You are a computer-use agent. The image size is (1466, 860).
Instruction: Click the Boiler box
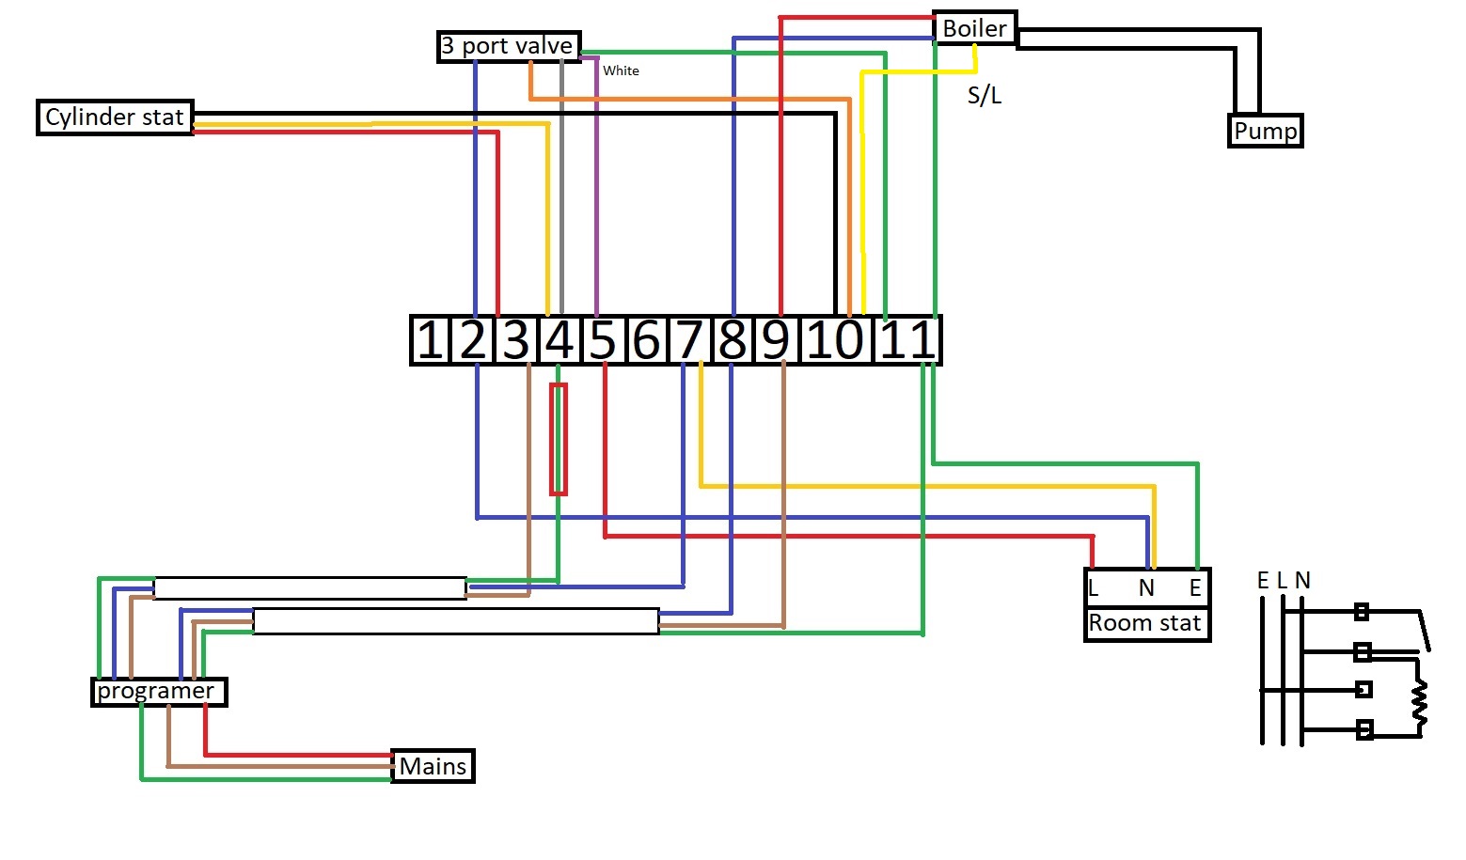(974, 28)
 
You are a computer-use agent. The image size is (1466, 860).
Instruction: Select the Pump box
(1265, 131)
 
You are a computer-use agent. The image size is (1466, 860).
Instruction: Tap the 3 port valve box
(509, 46)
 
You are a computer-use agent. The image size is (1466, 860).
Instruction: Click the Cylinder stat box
(115, 117)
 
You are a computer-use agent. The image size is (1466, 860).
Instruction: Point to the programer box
(159, 692)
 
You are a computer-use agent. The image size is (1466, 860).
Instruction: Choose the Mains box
(433, 766)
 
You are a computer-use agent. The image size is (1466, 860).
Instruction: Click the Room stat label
(1145, 622)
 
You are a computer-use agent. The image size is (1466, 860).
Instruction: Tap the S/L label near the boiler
(985, 96)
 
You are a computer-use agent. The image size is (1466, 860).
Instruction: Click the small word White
(621, 70)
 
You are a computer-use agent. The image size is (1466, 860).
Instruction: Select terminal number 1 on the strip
(430, 340)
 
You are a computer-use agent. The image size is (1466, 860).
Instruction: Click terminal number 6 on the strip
(646, 340)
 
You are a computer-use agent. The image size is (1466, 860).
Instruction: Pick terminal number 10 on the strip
(835, 340)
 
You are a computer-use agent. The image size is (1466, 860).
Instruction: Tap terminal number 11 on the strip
(906, 340)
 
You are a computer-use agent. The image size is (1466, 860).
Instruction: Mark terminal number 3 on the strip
(516, 340)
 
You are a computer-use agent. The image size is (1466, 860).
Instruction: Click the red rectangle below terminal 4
(559, 439)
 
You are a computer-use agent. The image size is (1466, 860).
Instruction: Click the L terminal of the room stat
(1093, 588)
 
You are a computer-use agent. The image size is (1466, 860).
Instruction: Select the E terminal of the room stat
(1195, 588)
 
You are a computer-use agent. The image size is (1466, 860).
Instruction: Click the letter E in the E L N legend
(1263, 580)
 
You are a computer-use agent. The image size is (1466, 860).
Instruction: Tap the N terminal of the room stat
(1146, 588)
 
